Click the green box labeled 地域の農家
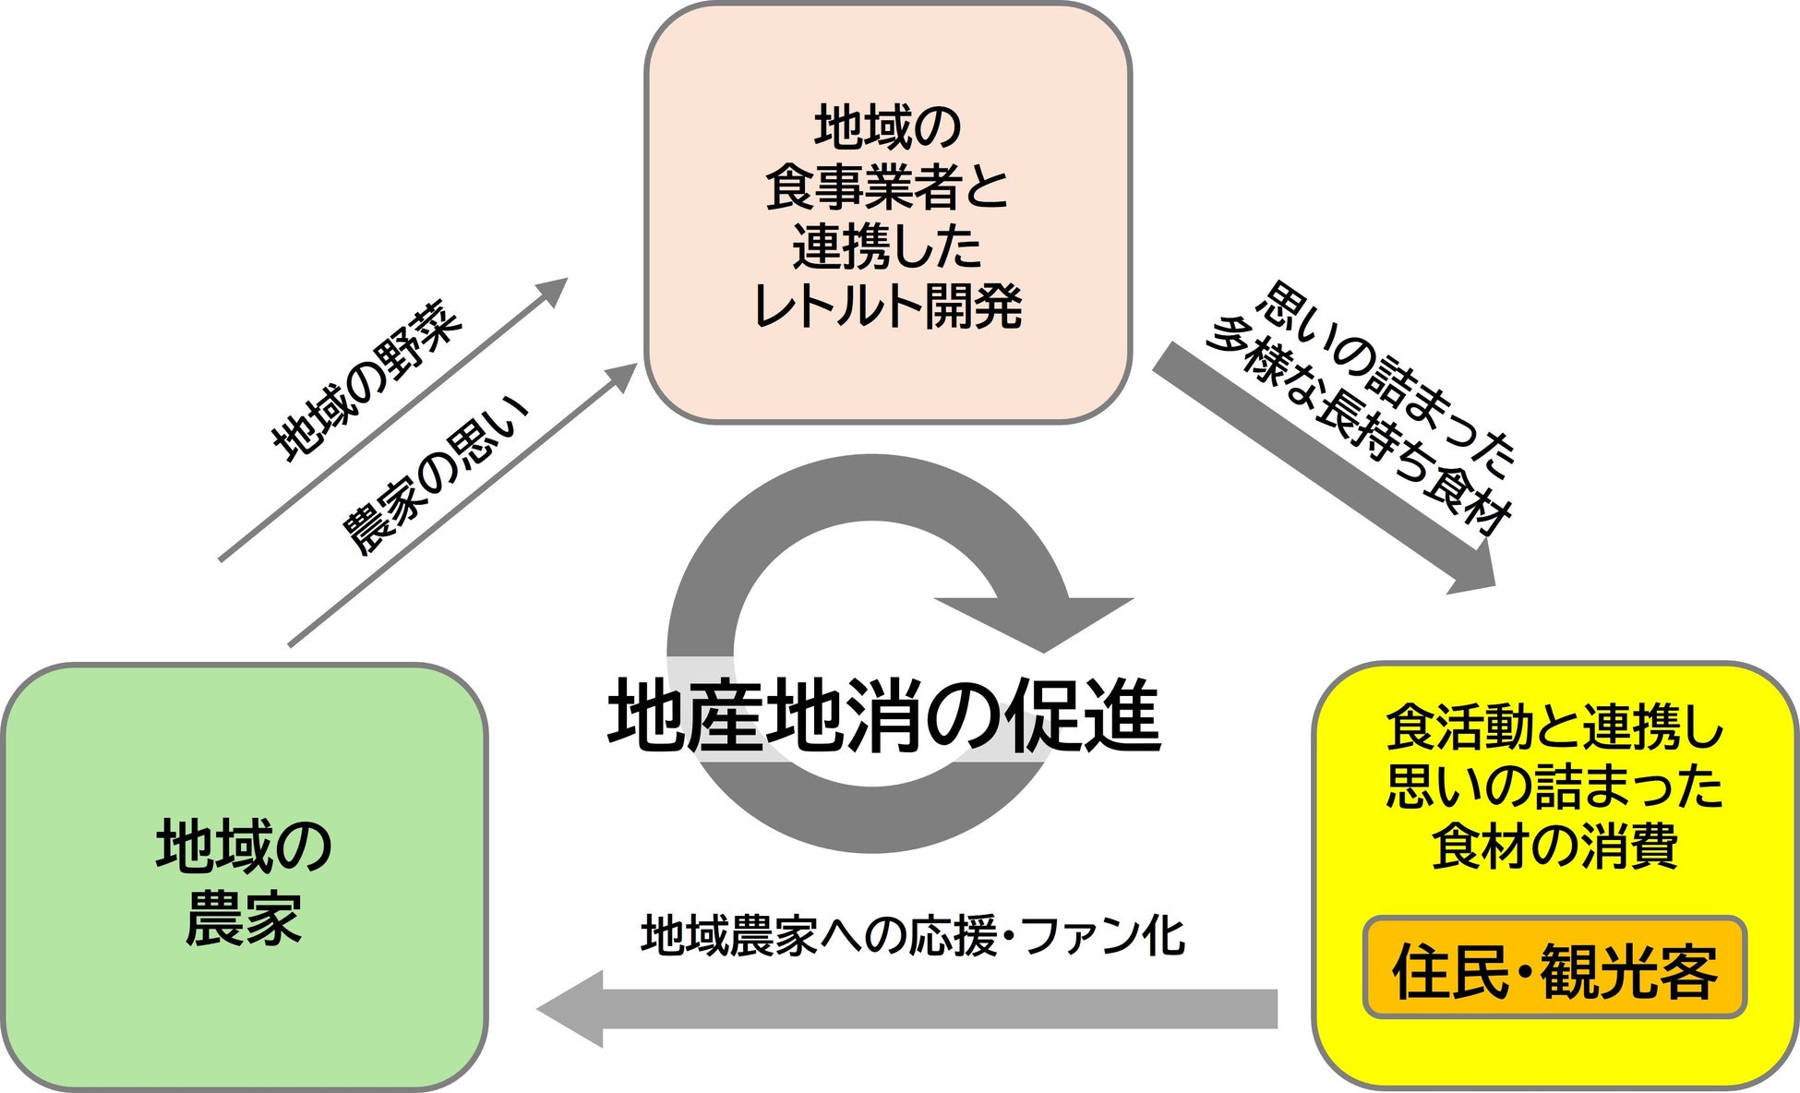[x=244, y=877]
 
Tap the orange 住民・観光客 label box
[x=1554, y=969]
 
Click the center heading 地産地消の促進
[x=883, y=716]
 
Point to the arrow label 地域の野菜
[x=367, y=380]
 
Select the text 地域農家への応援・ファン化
[x=912, y=936]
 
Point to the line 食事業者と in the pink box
[x=887, y=186]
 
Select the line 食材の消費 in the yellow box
[x=1554, y=846]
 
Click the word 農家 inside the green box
[x=244, y=918]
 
